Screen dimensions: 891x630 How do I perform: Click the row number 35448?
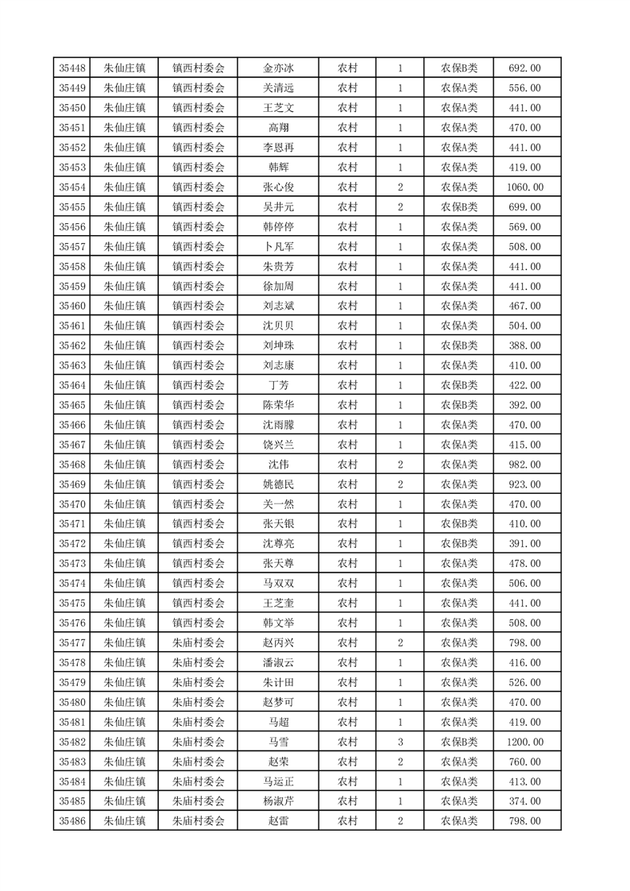point(72,68)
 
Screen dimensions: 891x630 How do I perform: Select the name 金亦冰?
point(278,68)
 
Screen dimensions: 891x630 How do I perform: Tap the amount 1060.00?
point(524,187)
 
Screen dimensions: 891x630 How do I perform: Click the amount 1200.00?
point(524,742)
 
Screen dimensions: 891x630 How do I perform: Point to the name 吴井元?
point(278,207)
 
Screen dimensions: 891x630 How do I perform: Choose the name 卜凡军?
point(278,247)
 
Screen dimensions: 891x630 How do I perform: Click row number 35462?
point(72,345)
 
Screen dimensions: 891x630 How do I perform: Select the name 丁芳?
point(278,385)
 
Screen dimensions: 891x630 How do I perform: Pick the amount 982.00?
point(524,465)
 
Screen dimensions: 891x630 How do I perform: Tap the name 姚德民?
point(278,484)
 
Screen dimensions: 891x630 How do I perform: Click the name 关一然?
point(278,504)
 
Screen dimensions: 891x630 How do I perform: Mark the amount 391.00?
point(524,544)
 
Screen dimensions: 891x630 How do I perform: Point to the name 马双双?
point(278,584)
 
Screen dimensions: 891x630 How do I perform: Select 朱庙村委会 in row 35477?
point(199,642)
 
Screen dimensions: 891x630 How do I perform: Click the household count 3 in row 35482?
point(400,742)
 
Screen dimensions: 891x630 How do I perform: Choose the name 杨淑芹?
point(278,801)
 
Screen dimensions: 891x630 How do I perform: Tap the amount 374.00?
point(524,801)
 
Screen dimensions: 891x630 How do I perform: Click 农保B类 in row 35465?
point(459,405)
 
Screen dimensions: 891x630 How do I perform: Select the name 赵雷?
point(278,821)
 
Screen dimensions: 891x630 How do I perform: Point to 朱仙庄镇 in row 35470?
point(124,504)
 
